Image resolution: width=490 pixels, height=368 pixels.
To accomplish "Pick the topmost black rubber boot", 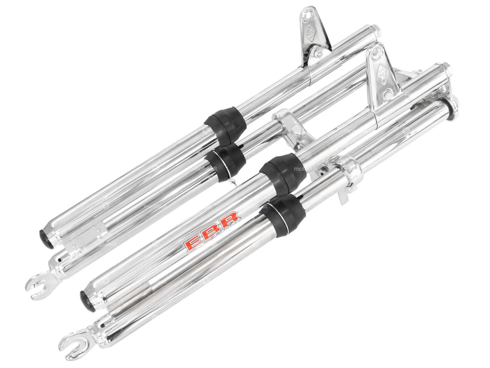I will (222, 124).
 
